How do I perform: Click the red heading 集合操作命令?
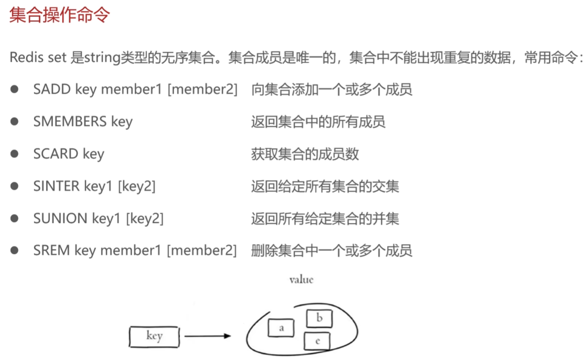[59, 15]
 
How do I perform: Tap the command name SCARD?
[56, 154]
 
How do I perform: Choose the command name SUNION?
[60, 219]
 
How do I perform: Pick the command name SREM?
[52, 251]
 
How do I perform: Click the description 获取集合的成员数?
[305, 154]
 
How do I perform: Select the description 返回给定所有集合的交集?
[325, 186]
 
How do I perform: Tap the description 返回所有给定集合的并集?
[325, 219]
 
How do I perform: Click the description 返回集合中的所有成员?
[318, 121]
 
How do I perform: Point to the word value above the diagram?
[301, 280]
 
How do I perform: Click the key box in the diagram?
[154, 336]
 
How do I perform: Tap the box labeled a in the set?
[281, 328]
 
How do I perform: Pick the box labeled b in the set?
[319, 319]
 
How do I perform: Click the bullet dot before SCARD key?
[15, 154]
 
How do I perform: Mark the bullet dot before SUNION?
[15, 219]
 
